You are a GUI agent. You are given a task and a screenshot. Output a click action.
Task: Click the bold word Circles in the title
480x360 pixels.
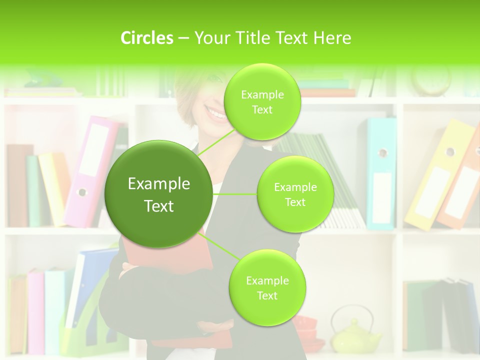tap(147, 38)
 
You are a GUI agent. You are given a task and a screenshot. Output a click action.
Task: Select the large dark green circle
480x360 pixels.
tap(159, 194)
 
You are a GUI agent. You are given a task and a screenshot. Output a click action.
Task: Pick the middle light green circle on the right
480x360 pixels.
tap(295, 194)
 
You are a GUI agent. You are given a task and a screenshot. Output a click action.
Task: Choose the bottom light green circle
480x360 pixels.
tap(267, 288)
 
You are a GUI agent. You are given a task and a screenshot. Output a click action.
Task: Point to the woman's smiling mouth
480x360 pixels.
tap(216, 113)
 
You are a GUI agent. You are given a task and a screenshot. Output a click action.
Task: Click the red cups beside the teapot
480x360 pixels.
tap(305, 330)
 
